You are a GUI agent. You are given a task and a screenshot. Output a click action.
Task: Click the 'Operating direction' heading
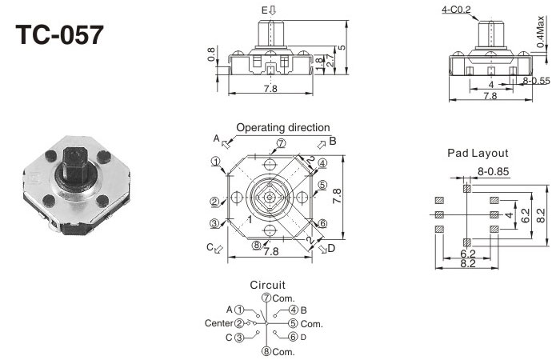coord(282,127)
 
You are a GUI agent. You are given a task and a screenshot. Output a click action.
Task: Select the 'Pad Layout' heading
coord(478,153)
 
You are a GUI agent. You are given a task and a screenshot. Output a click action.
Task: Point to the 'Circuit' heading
coord(267,285)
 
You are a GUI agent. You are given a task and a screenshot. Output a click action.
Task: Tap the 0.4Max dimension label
coord(544,36)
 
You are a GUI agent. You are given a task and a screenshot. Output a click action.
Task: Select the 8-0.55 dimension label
coord(535,81)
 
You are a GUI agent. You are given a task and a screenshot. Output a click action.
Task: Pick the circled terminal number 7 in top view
coord(281,144)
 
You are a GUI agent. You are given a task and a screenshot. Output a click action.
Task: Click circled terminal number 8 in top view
coord(256,245)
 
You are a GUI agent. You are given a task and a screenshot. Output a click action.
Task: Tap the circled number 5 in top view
coord(322,186)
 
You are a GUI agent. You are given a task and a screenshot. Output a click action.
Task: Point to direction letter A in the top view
coord(216,138)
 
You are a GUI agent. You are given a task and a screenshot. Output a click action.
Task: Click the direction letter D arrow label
coord(331,248)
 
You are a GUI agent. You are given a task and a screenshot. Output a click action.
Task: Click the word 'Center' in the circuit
coord(218,323)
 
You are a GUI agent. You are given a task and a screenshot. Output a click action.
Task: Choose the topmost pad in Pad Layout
coord(466,189)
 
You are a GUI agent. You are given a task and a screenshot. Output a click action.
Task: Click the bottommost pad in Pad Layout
coord(466,242)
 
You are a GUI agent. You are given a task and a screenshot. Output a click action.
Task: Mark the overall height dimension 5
coord(343,47)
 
